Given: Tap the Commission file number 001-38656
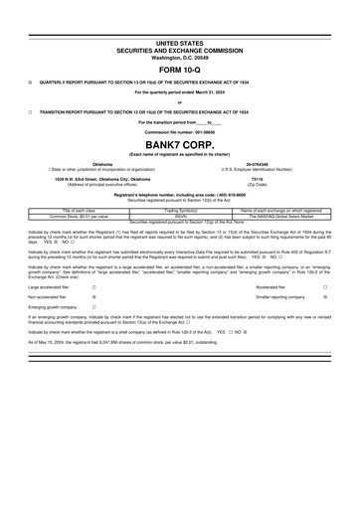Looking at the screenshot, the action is pyautogui.click(x=179, y=133).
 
